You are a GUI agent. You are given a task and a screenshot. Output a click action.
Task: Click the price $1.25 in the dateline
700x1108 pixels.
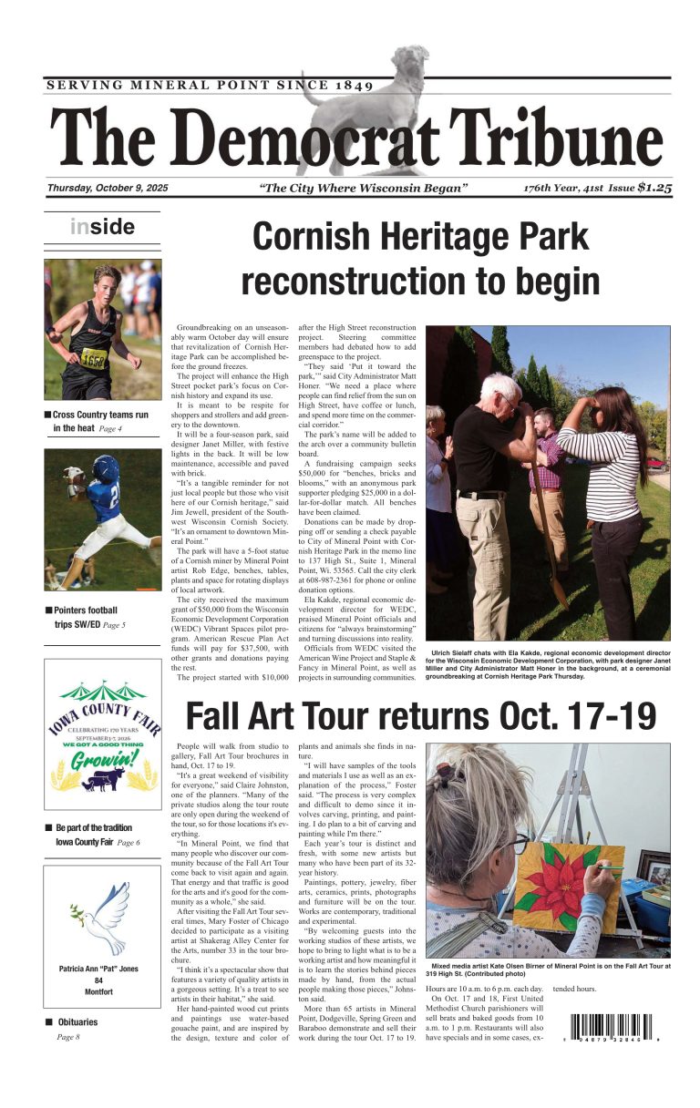654,188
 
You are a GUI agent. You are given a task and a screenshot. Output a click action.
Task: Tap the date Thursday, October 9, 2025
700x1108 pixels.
108,189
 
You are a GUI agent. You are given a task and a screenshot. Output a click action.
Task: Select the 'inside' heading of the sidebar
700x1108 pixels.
102,227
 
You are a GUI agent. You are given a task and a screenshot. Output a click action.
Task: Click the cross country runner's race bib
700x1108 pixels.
95,357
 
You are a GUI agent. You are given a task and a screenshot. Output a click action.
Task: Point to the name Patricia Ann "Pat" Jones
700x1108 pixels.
98,969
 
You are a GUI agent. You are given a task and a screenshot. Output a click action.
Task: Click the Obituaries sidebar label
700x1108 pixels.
76,1022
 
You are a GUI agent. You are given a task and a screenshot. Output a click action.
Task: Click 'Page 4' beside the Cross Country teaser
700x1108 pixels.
110,428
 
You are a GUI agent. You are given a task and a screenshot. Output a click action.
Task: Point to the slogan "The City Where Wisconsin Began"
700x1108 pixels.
364,189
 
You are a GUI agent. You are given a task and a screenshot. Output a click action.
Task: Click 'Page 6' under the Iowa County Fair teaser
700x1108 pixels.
129,843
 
